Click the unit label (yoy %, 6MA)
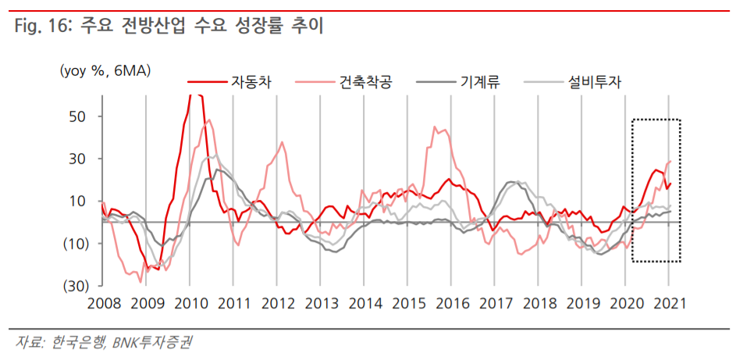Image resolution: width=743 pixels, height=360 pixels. click(x=105, y=70)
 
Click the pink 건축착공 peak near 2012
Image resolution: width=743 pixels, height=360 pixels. click(x=282, y=142)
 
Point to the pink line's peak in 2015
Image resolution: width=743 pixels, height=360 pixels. click(x=435, y=127)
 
